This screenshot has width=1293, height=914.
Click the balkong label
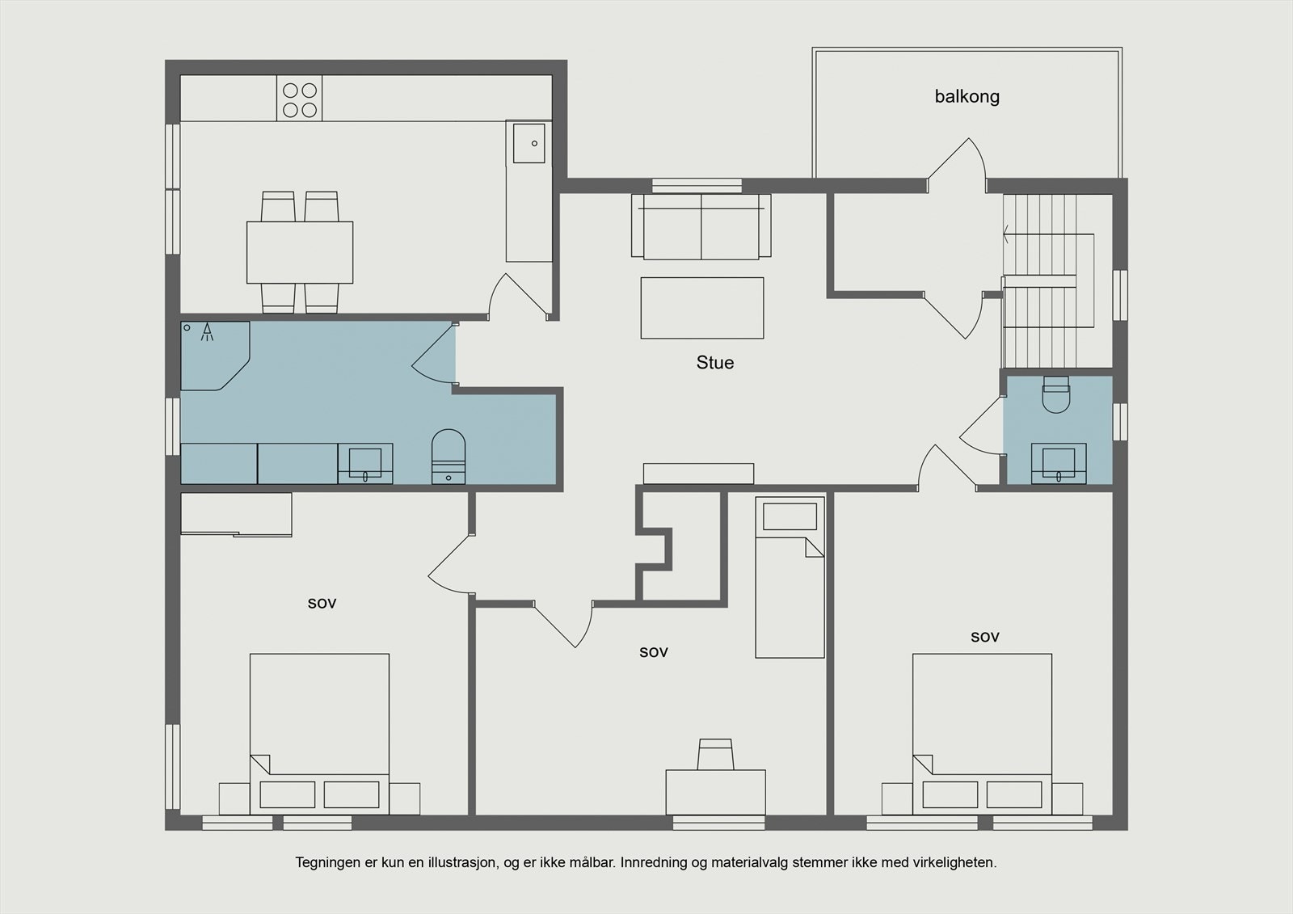coord(967,97)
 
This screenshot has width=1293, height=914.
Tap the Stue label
coord(714,363)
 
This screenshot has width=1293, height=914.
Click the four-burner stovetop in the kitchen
coord(300,98)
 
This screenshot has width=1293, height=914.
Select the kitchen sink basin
coord(529,143)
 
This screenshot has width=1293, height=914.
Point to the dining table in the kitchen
coord(300,252)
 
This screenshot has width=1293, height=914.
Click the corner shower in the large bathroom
coord(215,356)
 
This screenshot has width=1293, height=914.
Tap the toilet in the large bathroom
coord(449,456)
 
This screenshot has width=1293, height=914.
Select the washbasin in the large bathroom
coord(364,463)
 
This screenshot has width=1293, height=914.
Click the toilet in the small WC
coord(1056,394)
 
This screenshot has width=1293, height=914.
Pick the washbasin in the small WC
coord(1059,463)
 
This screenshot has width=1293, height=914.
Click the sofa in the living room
coord(701,226)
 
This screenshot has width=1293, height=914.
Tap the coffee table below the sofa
coord(702,308)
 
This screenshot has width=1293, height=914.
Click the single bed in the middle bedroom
coord(790,577)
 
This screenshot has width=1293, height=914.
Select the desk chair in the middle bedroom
coord(716,754)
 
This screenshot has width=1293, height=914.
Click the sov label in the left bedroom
coord(322,604)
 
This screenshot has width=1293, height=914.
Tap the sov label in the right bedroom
coord(985,638)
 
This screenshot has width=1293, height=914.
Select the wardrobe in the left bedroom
coord(236,515)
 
